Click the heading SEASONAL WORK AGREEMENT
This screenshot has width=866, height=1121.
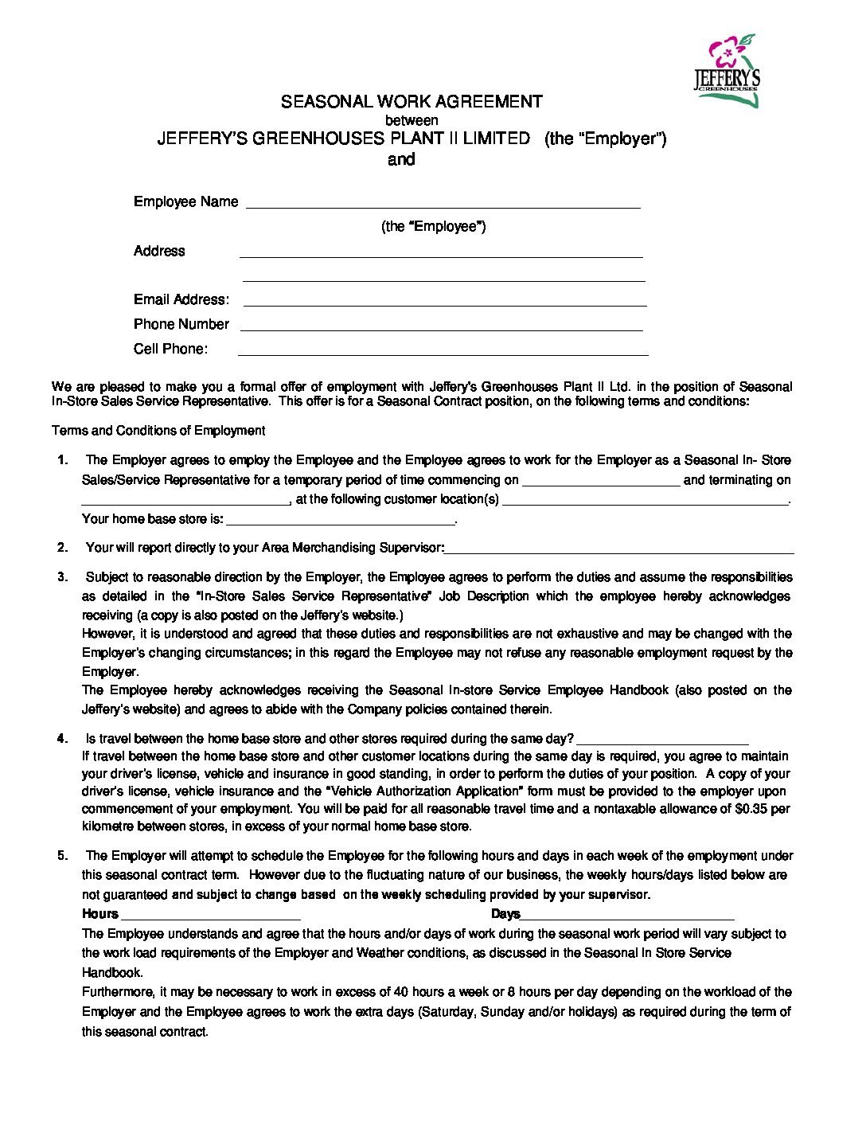(412, 102)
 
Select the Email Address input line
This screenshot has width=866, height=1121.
(444, 301)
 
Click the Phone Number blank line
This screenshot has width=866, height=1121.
(441, 326)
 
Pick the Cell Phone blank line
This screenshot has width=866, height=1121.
(443, 350)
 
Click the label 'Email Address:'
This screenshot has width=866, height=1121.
(181, 299)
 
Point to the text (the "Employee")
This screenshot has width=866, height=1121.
(433, 226)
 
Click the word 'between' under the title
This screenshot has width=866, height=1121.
(412, 120)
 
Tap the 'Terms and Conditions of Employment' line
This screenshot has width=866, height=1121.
(158, 431)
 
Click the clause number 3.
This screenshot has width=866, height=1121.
(63, 577)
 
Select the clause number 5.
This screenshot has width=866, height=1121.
(63, 856)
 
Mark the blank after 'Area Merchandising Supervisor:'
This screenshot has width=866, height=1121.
(619, 549)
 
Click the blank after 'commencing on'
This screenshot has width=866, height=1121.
(601, 481)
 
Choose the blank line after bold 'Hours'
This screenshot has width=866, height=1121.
(210, 915)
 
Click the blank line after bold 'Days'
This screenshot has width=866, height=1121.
(627, 915)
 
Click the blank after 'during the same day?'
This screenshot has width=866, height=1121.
(662, 740)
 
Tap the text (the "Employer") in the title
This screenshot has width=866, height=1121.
(605, 139)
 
